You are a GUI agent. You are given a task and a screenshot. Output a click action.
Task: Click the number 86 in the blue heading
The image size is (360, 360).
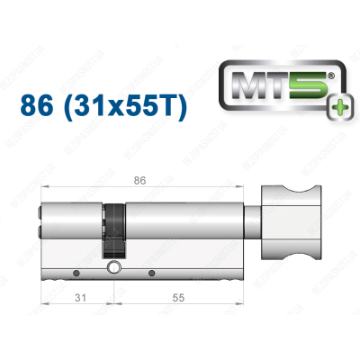point(38,108)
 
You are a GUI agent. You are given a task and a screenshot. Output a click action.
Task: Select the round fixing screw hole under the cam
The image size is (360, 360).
point(113,267)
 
